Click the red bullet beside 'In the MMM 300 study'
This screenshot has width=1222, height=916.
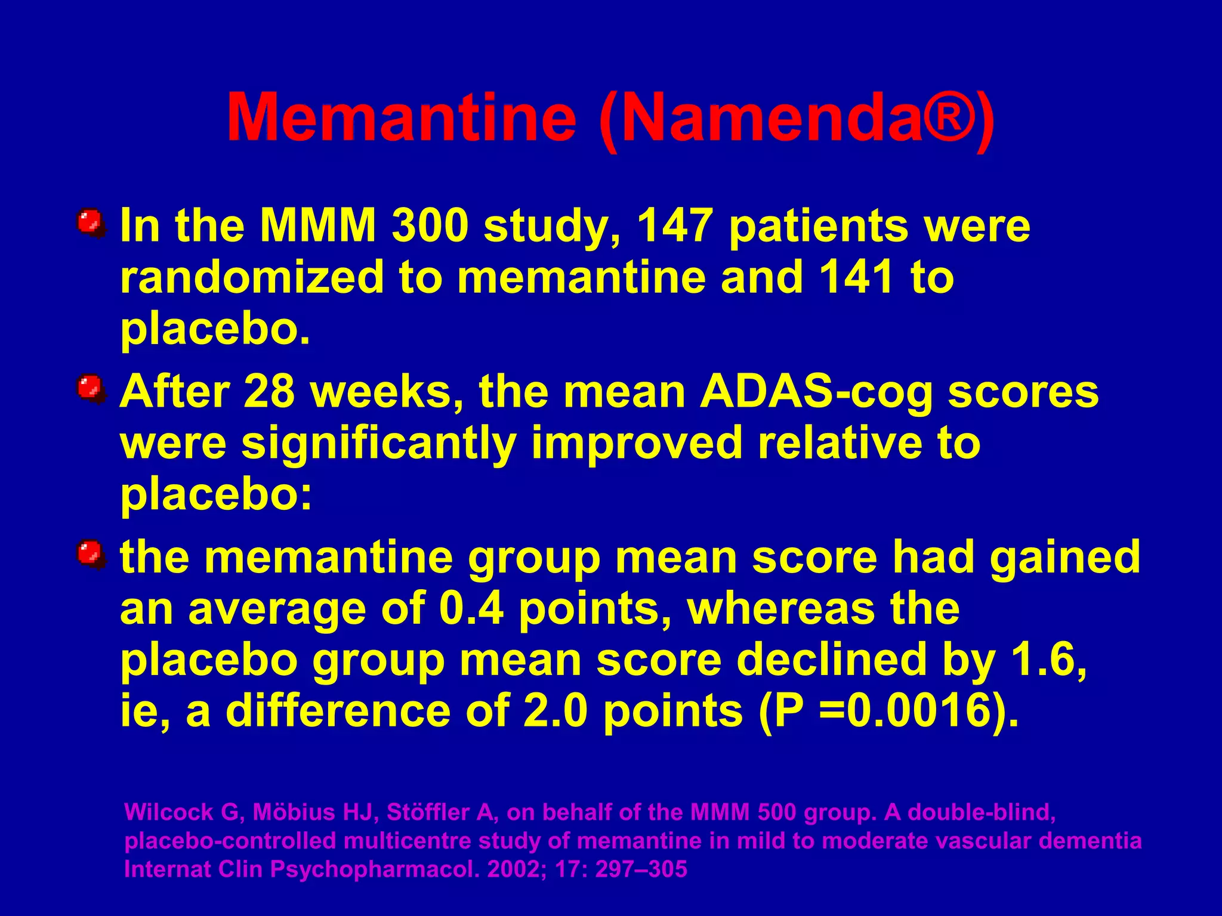[x=90, y=222]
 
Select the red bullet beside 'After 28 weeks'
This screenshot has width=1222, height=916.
[x=90, y=388]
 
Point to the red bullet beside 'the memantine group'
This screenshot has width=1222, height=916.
[x=90, y=554]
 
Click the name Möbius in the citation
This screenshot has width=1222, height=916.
[x=293, y=812]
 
